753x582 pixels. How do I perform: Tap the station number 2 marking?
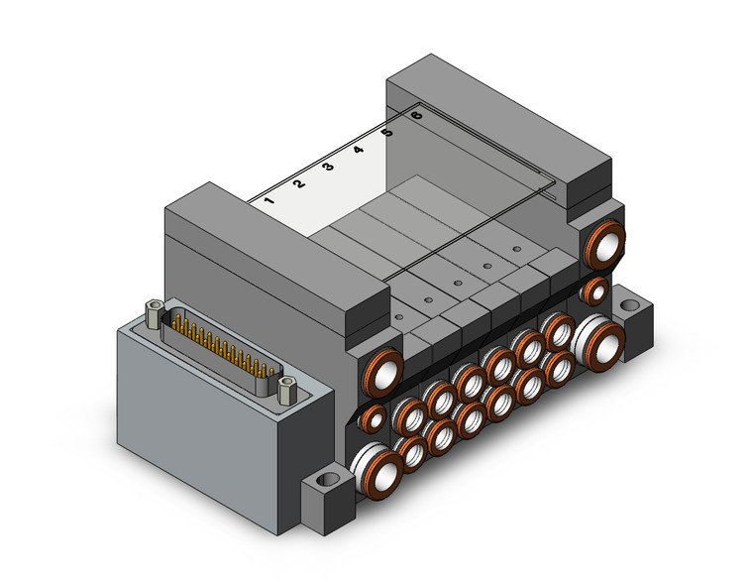point(299,183)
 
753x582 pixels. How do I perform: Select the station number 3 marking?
point(328,167)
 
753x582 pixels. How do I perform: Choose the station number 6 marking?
point(416,115)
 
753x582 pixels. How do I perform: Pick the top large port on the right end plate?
point(603,244)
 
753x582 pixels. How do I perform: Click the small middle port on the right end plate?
point(595,291)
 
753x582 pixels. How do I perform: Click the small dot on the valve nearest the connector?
point(397,318)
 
